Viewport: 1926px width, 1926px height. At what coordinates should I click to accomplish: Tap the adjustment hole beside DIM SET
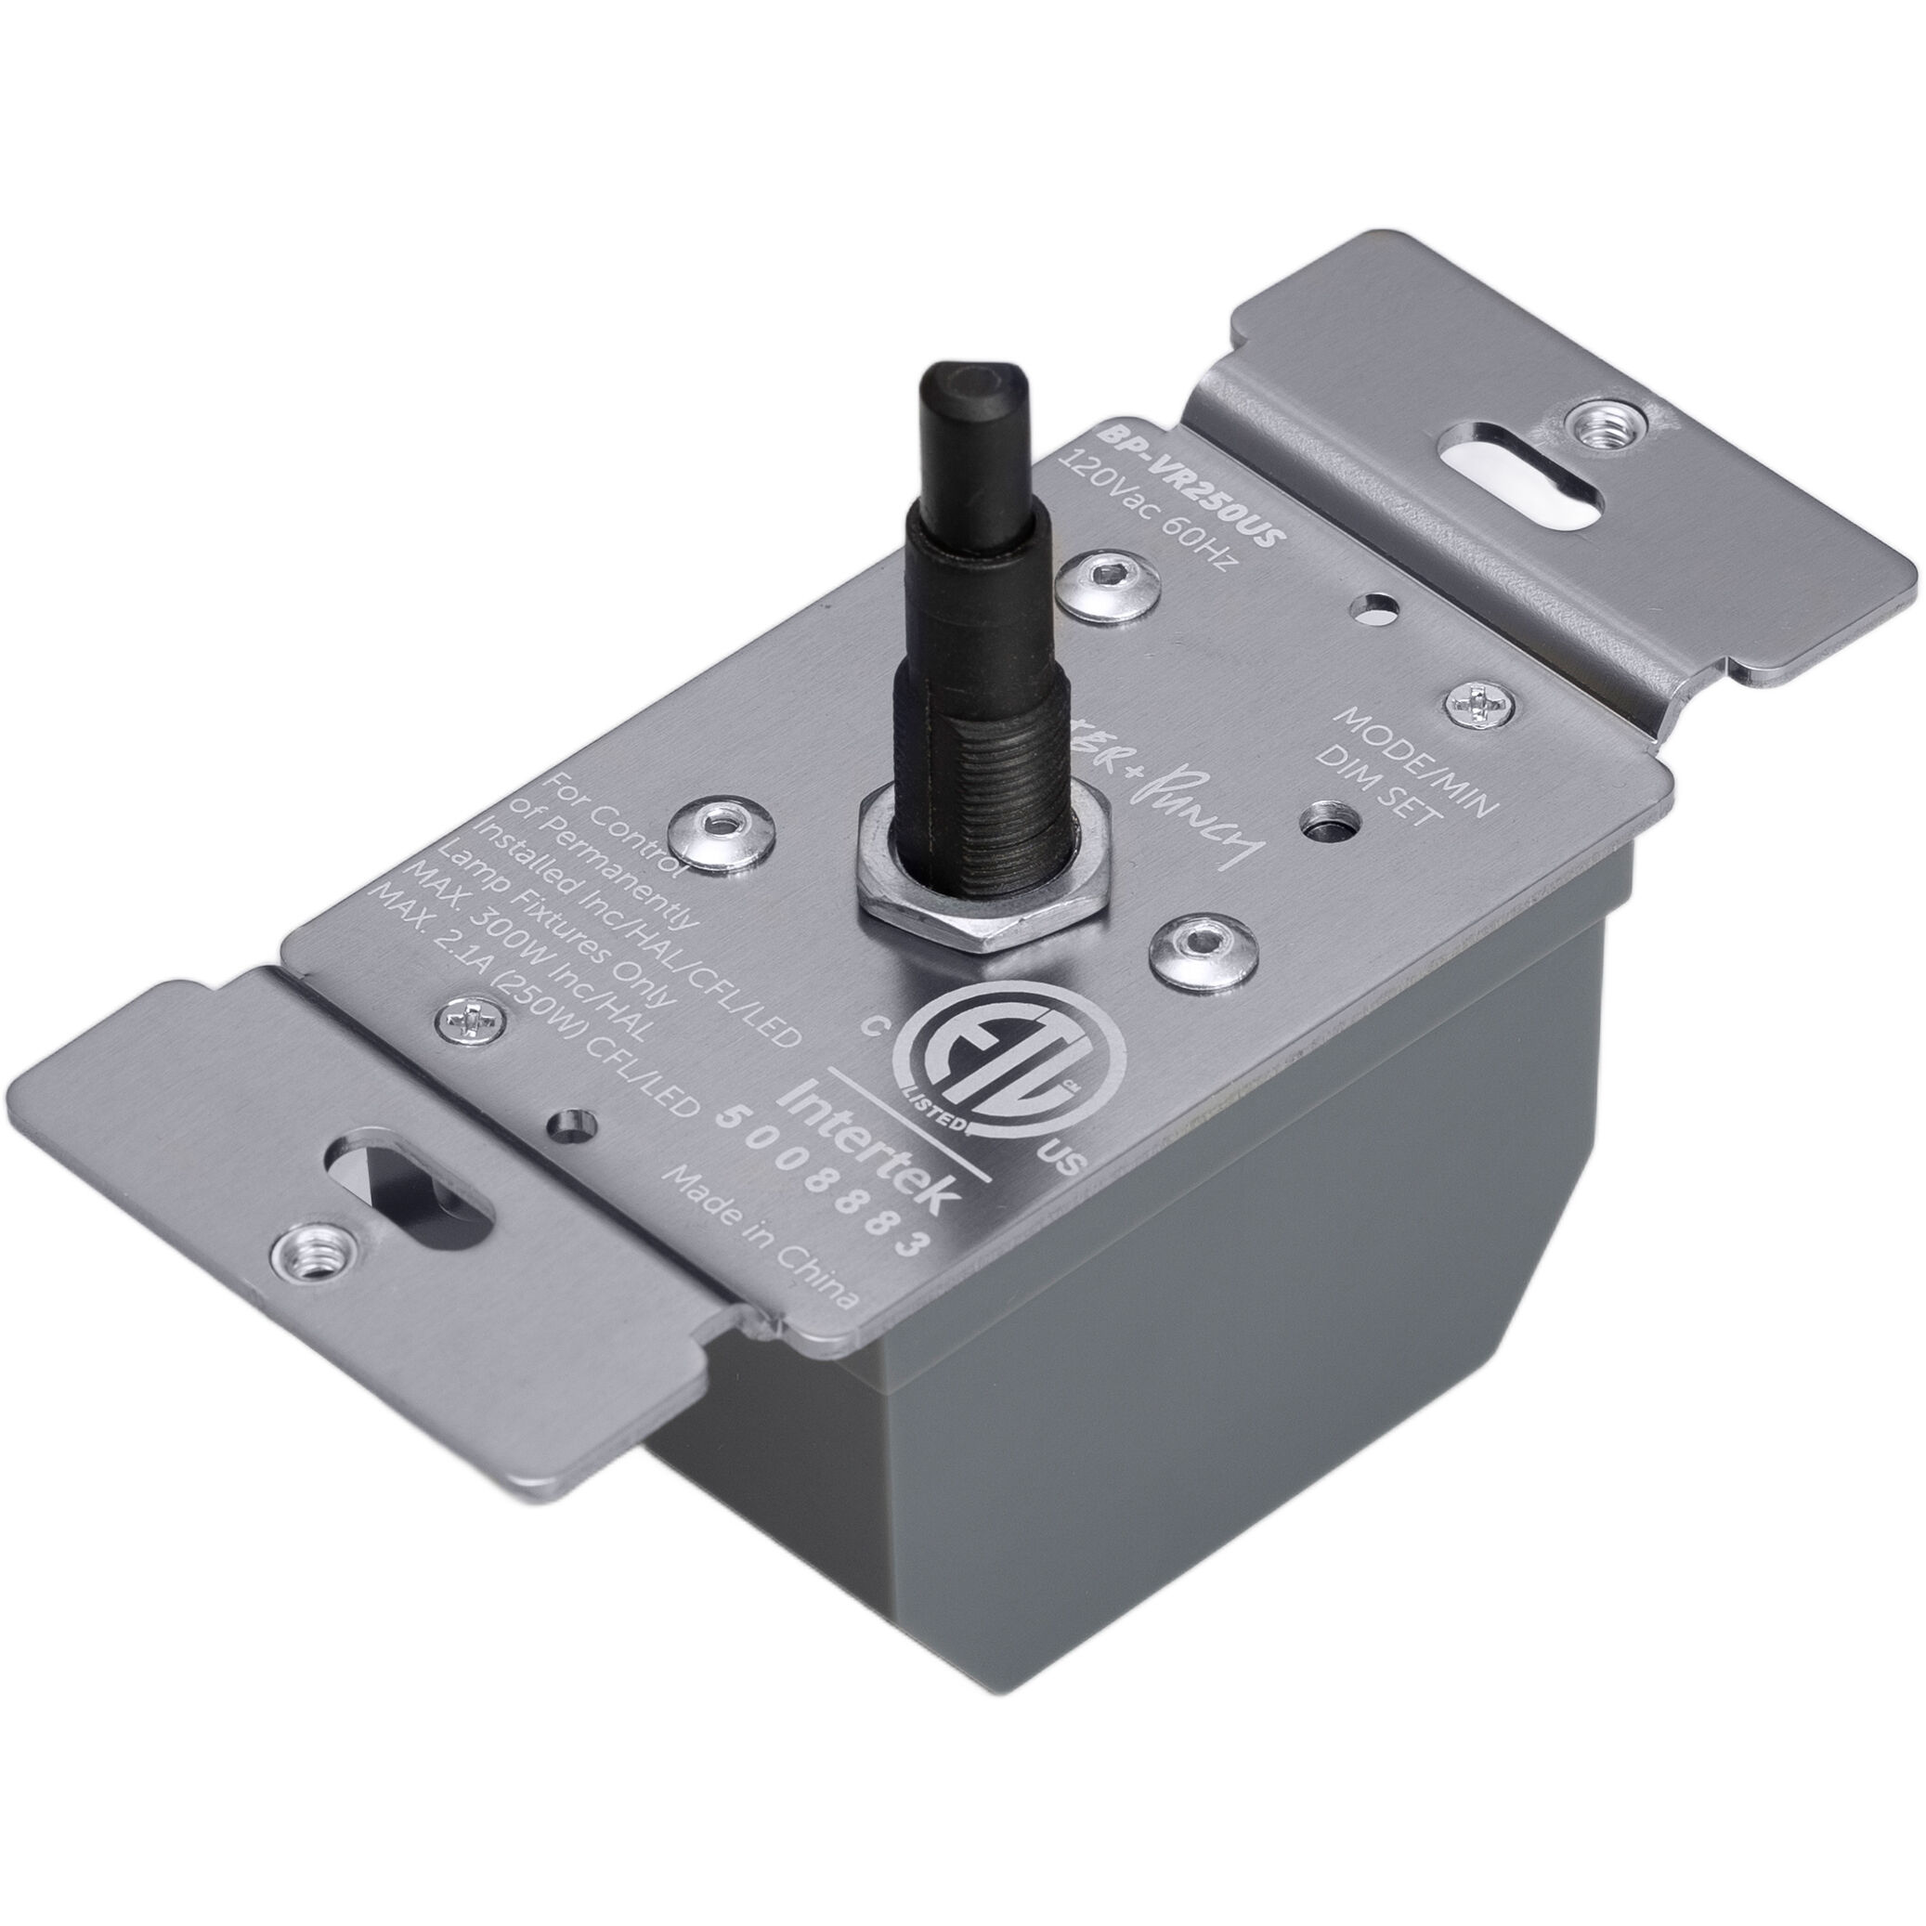[x=1326, y=823]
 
